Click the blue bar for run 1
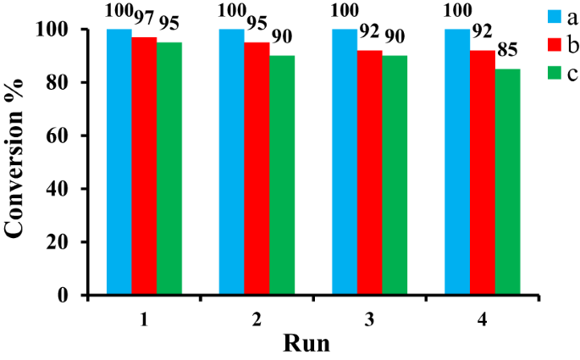119,162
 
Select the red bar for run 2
257,169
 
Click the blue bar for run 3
345,162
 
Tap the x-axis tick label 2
257,320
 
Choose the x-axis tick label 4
483,320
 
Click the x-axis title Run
307,345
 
